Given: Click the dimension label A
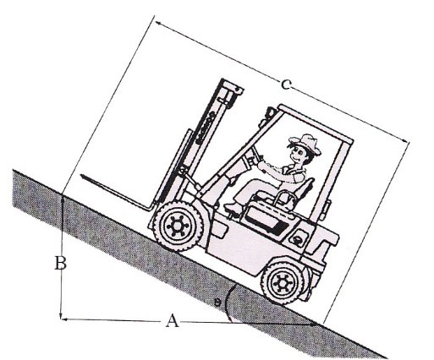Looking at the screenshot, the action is pos(172,321).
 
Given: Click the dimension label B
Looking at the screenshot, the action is pos(60,263).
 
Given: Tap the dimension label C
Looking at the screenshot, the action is pos(285,85).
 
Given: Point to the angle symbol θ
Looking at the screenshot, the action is pos(217,303).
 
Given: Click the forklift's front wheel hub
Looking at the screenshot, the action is pos(178,226).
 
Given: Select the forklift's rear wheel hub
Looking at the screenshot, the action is pos(282,283).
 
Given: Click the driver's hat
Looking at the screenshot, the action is pos(306,144).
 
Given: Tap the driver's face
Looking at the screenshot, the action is pos(299,155).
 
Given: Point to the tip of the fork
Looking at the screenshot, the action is pos(82,176).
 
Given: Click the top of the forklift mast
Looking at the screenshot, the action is pos(232,85).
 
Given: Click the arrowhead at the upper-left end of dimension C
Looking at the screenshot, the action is pos(158,23).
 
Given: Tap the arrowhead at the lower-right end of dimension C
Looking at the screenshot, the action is pos(404,140).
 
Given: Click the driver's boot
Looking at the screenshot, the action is pos(233,207).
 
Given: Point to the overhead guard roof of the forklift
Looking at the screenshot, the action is pos(316,123).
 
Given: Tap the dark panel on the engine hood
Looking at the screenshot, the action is pos(266,220).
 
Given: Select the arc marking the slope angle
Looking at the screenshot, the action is pos(228,303).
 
